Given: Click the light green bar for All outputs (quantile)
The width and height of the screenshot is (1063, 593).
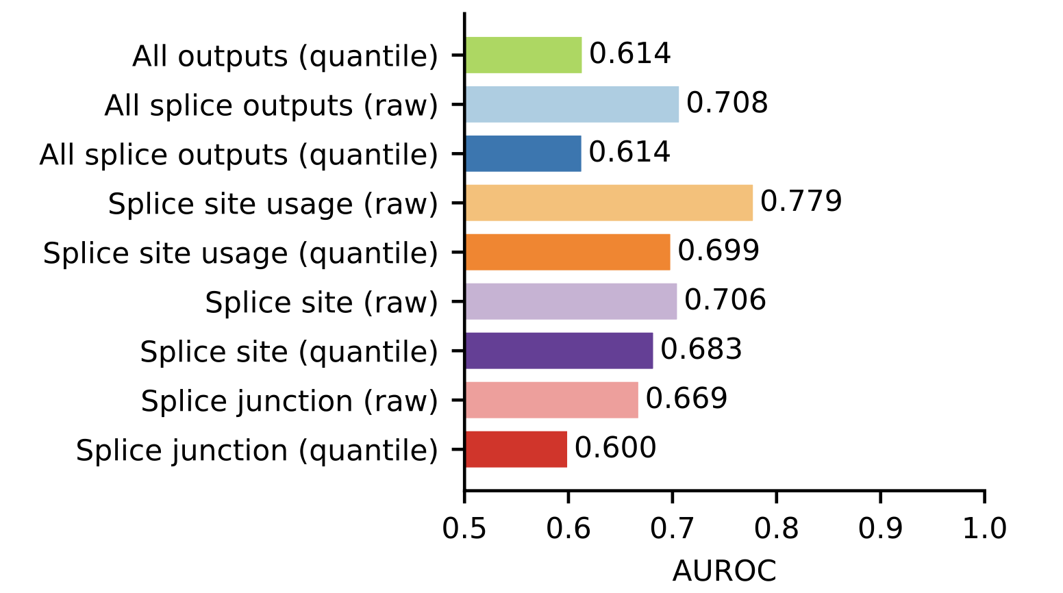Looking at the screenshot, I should coord(523,55).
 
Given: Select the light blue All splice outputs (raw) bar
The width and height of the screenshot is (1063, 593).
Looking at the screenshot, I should coord(572,104).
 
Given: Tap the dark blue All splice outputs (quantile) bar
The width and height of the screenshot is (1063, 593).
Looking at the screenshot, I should coord(523,153).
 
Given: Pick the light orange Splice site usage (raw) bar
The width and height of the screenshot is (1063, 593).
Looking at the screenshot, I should coord(609,203).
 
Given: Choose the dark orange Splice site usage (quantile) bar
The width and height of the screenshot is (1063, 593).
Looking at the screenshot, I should coord(568,252).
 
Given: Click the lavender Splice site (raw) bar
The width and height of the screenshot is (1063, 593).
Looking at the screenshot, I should coord(571,301).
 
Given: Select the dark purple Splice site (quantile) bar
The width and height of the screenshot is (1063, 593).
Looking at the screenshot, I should coord(559,351).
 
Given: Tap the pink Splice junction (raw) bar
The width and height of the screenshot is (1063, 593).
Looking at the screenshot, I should coord(551,400).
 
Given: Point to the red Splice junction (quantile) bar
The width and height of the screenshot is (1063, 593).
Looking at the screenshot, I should coord(516,449).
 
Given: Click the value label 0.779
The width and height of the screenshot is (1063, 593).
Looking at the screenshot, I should coord(801,201).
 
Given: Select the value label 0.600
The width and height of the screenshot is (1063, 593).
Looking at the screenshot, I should coord(615,448).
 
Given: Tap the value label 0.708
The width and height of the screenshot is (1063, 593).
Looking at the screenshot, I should coord(727,103).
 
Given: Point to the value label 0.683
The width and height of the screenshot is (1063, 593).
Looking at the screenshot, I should coord(701,349).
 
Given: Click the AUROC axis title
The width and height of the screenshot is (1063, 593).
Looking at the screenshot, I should coord(724,570).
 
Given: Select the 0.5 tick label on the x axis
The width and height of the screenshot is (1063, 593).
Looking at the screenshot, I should coord(464,529).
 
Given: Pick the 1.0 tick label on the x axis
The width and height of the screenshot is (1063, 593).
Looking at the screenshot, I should coord(984,529).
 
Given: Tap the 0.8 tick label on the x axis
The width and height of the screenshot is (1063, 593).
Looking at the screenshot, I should coord(776,529).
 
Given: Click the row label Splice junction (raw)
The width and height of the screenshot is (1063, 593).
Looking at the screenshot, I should coord(289,401).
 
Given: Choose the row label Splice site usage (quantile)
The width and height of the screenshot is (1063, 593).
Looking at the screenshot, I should coord(240,253).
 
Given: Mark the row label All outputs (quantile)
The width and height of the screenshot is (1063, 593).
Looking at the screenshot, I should coord(285,56).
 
